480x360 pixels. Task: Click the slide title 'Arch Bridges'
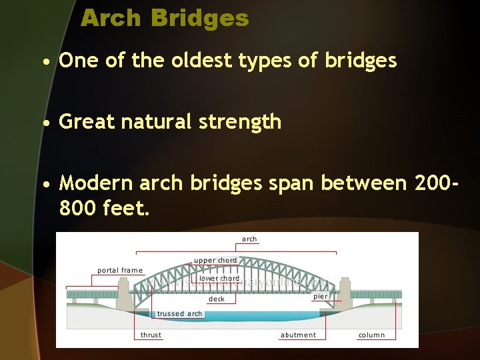coord(165,18)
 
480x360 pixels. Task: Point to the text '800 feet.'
coord(105,209)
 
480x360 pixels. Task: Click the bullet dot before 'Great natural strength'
coord(45,123)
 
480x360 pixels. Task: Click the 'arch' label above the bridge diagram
coord(249,239)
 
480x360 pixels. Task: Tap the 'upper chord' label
coord(215,260)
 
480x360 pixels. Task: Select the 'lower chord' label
coord(219,278)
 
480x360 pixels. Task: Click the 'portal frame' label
coord(120,270)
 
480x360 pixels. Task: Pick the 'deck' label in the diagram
coord(217,299)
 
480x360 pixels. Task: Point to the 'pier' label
coord(321,296)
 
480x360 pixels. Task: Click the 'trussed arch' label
coord(179,313)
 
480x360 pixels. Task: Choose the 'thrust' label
coord(151,335)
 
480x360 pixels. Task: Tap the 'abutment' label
coord(298,335)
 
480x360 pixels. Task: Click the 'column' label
coord(371,335)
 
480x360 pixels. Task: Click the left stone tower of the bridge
coord(125,294)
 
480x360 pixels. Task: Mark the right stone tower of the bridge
coord(345,293)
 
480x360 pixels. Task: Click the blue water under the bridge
coord(233,317)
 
